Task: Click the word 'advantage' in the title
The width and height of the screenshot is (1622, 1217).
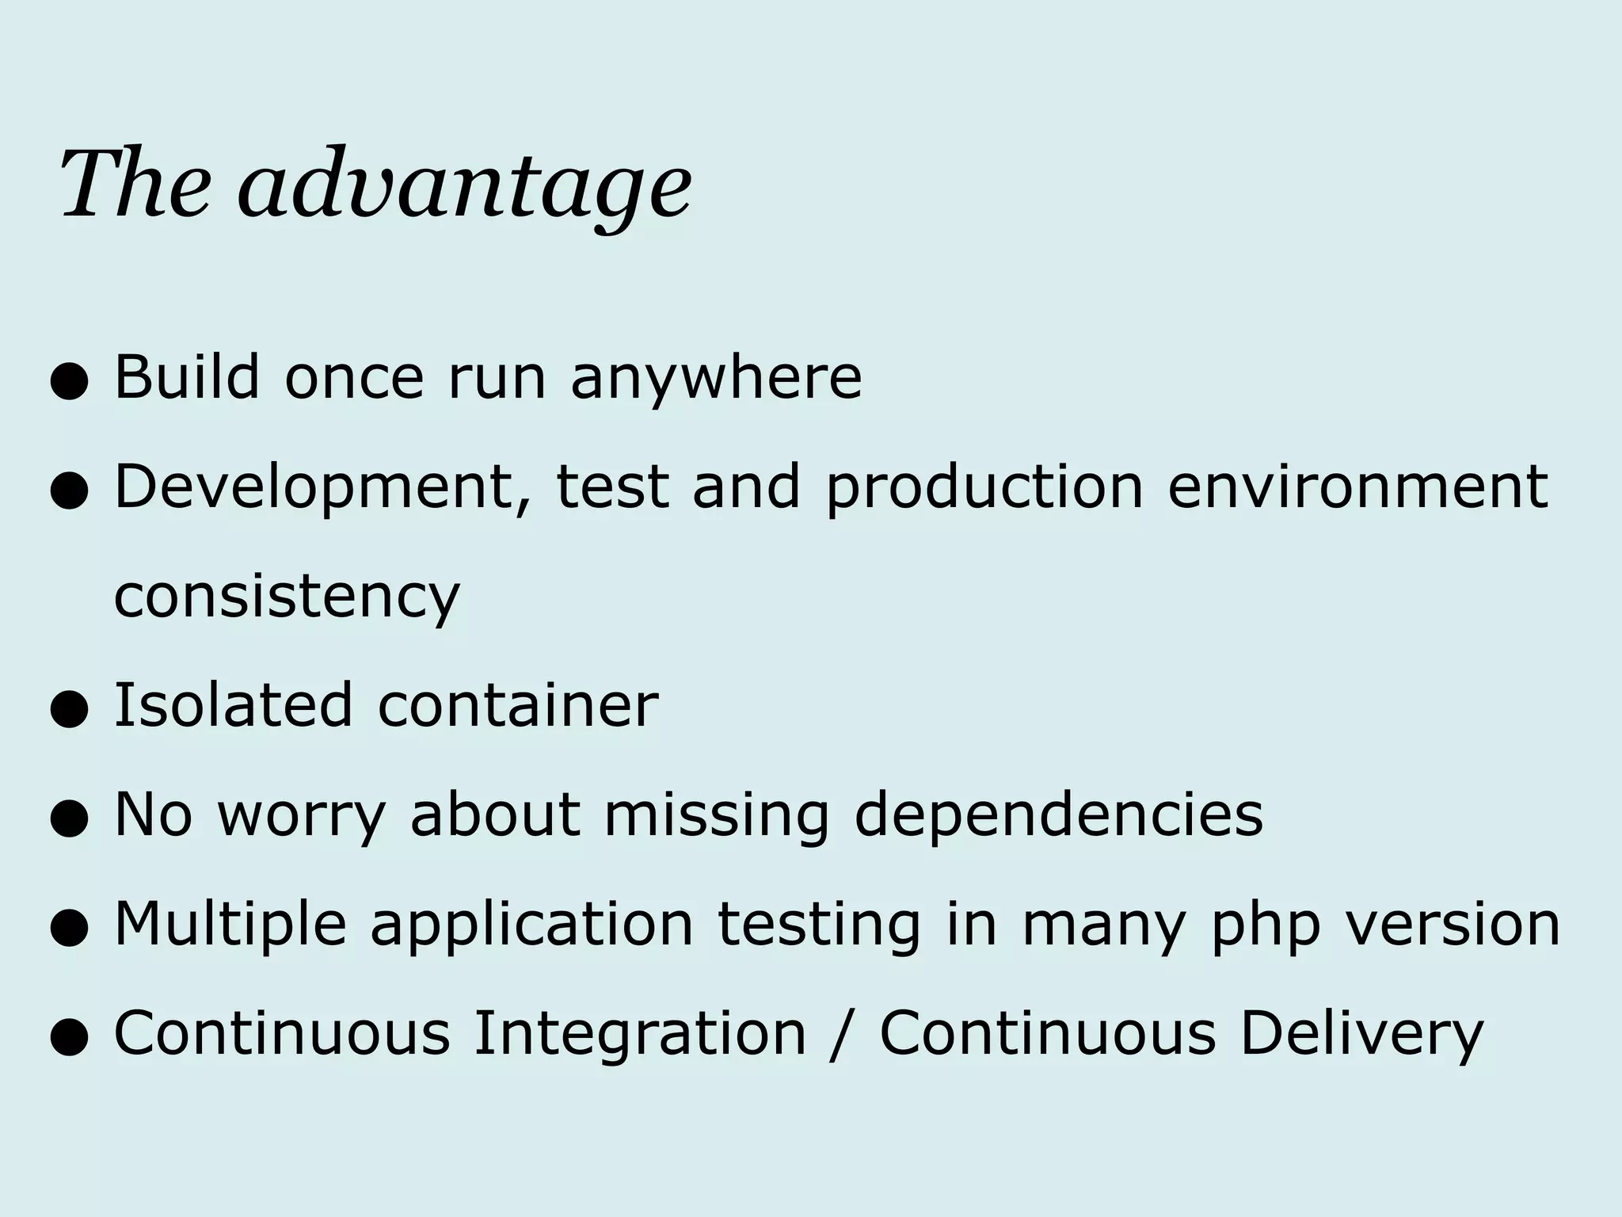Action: tap(465, 187)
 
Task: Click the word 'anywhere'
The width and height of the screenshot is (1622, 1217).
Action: tap(716, 379)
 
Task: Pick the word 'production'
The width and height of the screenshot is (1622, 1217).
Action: tap(984, 488)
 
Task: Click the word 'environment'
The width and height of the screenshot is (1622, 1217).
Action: tap(1357, 486)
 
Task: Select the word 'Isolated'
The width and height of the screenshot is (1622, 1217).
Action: tap(233, 704)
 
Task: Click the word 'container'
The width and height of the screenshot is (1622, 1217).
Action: tap(518, 706)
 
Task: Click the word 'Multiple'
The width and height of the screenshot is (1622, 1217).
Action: tap(230, 925)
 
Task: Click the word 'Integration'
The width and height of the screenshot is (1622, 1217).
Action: tap(640, 1034)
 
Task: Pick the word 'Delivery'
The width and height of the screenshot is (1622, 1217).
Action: tap(1361, 1034)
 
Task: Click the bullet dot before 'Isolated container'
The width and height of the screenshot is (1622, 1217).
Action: tap(68, 710)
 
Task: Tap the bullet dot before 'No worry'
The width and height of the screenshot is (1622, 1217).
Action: tap(68, 819)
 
